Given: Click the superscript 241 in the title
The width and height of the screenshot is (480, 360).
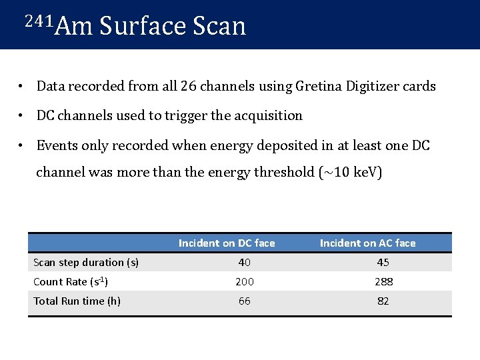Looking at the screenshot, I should tap(38, 21).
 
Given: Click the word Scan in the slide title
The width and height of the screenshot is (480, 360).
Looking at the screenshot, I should tap(219, 27).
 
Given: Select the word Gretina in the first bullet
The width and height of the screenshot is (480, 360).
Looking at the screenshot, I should tap(309, 86).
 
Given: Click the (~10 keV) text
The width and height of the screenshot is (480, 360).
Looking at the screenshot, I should tap(351, 172).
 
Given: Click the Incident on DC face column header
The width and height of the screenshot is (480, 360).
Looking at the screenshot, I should tap(227, 243).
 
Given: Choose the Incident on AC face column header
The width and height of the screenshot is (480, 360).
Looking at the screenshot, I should tap(367, 243).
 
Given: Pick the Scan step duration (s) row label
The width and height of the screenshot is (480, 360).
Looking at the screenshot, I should tap(86, 263).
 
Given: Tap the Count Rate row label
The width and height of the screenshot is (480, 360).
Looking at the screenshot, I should tap(71, 282).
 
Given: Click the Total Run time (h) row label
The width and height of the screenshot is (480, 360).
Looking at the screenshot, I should tap(77, 301).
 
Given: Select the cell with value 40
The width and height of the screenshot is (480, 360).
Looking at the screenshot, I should tap(245, 263).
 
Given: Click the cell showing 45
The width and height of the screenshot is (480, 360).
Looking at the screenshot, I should tap(383, 263).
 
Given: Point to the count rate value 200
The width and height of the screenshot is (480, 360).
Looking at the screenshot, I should tap(245, 282).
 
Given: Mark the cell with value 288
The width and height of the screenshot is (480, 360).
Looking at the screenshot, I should tap(383, 282).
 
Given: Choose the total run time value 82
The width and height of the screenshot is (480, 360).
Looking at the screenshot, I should tap(383, 301).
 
